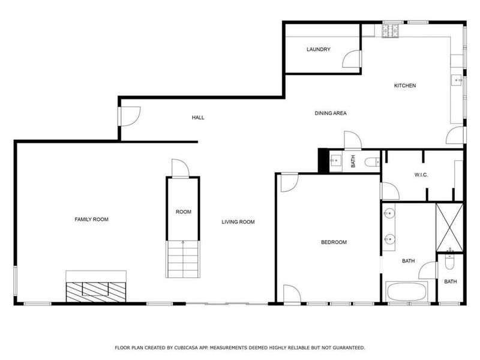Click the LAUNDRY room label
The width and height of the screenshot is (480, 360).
(318, 49)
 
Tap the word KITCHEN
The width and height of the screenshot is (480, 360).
(404, 85)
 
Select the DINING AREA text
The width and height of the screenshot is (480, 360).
(331, 113)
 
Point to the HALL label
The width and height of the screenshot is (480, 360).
(198, 117)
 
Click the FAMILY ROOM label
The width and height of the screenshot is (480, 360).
(91, 220)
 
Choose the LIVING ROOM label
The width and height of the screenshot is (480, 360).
(238, 222)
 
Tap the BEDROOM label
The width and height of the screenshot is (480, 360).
(334, 242)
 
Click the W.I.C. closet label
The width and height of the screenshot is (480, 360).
(420, 175)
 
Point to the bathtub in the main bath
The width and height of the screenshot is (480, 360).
(407, 293)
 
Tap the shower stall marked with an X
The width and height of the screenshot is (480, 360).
(449, 227)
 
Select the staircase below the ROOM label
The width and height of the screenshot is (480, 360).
(182, 258)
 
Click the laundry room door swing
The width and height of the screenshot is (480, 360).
(352, 59)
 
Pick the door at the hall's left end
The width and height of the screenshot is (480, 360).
(128, 116)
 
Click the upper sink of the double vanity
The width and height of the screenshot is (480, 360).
(389, 213)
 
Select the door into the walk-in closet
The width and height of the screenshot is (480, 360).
(389, 191)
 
